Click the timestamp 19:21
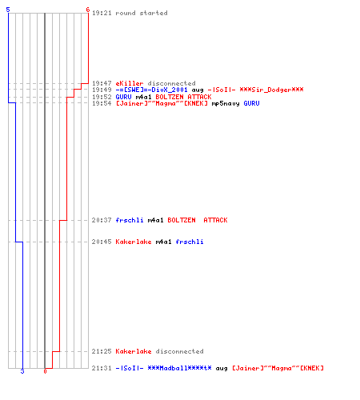(x=102, y=13)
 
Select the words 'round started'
(x=142, y=13)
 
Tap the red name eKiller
(x=130, y=83)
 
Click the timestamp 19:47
(x=102, y=83)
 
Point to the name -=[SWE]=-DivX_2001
(x=151, y=90)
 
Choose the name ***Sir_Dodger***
(x=271, y=90)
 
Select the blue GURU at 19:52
(x=123, y=97)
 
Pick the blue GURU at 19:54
(x=251, y=103)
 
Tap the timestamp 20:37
(x=102, y=220)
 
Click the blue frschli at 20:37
(x=130, y=220)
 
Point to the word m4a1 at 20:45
(x=163, y=242)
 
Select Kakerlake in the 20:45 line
(x=134, y=242)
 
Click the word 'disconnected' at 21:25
(x=179, y=351)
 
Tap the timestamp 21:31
(x=102, y=368)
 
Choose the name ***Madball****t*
(x=179, y=368)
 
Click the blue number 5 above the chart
(x=8, y=10)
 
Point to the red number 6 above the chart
(x=88, y=10)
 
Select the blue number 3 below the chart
(x=22, y=371)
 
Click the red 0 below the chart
(x=45, y=371)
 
